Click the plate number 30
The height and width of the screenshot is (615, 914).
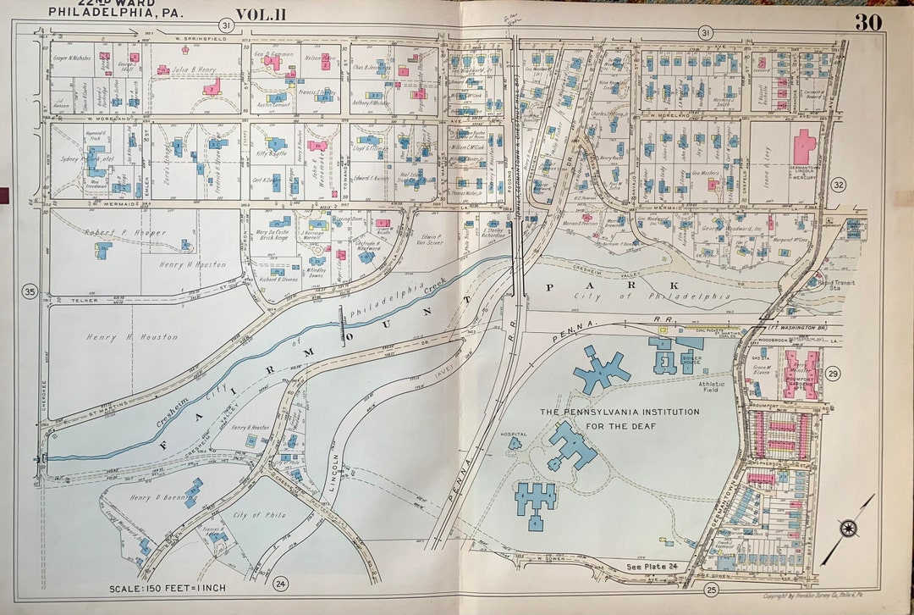tap(867, 22)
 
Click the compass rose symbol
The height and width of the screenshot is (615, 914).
tap(849, 529)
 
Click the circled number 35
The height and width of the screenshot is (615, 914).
tap(30, 293)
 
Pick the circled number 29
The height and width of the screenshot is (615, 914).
tap(833, 374)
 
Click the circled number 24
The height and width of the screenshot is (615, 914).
tap(280, 583)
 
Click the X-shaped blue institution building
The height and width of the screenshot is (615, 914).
tap(601, 369)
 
